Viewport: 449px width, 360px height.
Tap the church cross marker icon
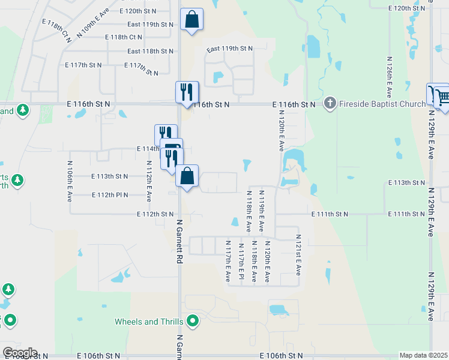click(329, 104)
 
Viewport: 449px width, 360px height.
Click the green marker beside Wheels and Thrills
click(193, 321)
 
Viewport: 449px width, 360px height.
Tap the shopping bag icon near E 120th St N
click(191, 19)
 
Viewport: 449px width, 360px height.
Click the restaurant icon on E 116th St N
click(187, 92)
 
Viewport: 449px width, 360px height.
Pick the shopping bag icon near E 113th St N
click(187, 176)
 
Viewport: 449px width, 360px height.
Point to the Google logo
click(19, 353)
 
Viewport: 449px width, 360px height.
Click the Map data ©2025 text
click(423, 355)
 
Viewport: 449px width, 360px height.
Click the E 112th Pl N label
click(110, 195)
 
